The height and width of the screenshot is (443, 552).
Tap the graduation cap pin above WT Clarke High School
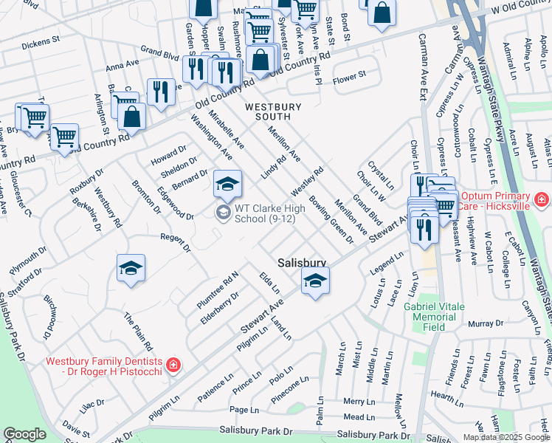(x=227, y=184)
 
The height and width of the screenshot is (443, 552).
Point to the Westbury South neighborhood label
(x=273, y=111)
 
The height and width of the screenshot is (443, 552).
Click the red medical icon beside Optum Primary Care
(x=541, y=199)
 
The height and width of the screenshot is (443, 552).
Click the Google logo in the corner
(x=24, y=434)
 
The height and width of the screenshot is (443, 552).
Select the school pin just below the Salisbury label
(x=315, y=281)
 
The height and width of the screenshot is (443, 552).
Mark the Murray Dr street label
(x=485, y=324)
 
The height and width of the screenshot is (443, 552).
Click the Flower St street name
(x=349, y=76)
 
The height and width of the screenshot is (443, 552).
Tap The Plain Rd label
(x=138, y=332)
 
